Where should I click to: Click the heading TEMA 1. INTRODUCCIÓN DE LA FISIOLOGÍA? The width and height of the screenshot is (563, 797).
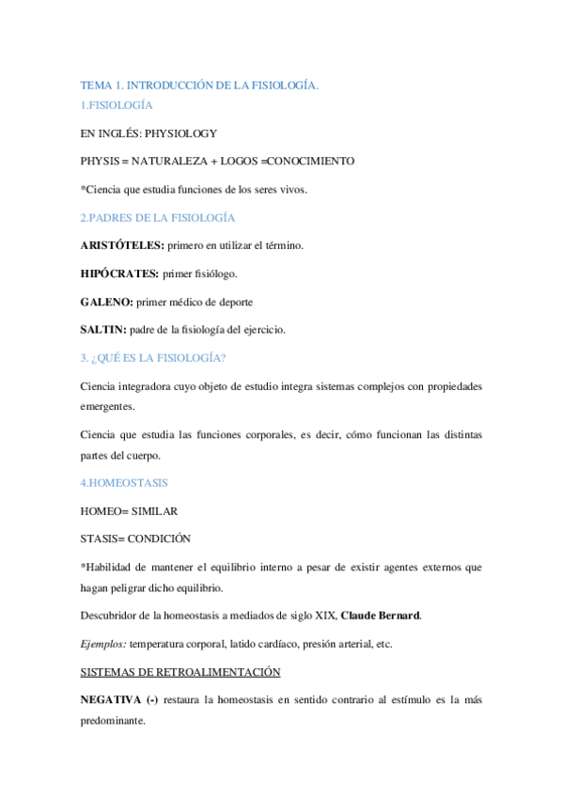point(199,86)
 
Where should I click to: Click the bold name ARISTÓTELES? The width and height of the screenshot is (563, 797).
point(122,245)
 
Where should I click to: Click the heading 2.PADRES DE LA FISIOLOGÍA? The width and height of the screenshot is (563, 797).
point(157,217)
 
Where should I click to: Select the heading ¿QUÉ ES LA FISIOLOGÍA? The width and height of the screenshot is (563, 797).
point(166,358)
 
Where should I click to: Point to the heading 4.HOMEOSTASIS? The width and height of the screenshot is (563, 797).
point(125,482)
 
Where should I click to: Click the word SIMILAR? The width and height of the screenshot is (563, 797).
point(153,510)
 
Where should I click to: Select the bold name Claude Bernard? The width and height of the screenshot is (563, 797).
point(381,616)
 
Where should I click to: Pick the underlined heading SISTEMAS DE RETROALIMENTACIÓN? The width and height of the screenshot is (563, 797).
point(181,672)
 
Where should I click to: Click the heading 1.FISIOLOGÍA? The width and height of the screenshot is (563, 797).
point(117,106)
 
